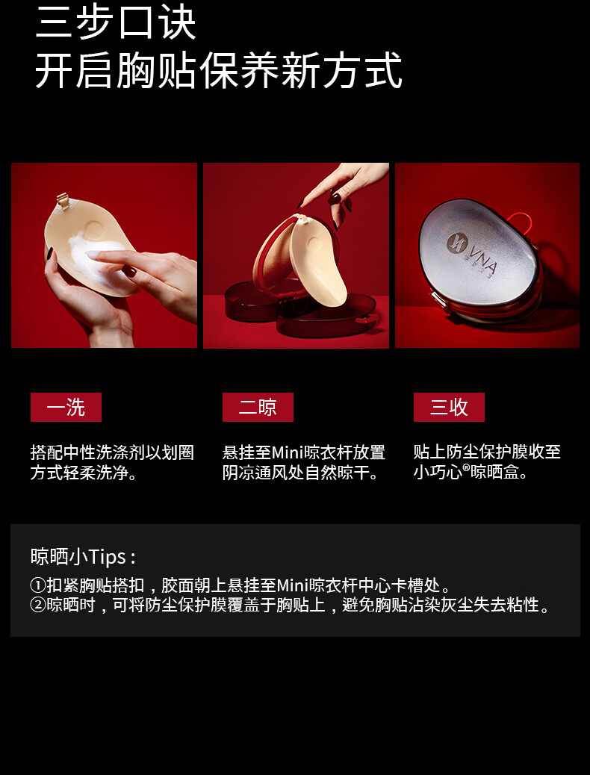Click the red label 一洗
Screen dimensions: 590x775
[66, 407]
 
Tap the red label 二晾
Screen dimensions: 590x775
[258, 407]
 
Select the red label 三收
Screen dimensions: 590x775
[449, 407]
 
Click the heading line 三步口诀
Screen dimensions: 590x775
[116, 23]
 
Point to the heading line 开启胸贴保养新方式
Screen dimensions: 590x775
[218, 70]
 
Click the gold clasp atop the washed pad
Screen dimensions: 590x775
[63, 201]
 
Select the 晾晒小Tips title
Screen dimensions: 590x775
[83, 556]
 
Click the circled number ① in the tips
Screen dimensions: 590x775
[38, 585]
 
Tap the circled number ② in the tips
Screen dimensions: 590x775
[38, 605]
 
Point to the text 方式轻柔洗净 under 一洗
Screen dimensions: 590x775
[84, 473]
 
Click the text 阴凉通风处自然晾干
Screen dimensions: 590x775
[300, 473]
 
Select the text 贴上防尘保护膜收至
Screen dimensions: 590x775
[487, 452]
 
